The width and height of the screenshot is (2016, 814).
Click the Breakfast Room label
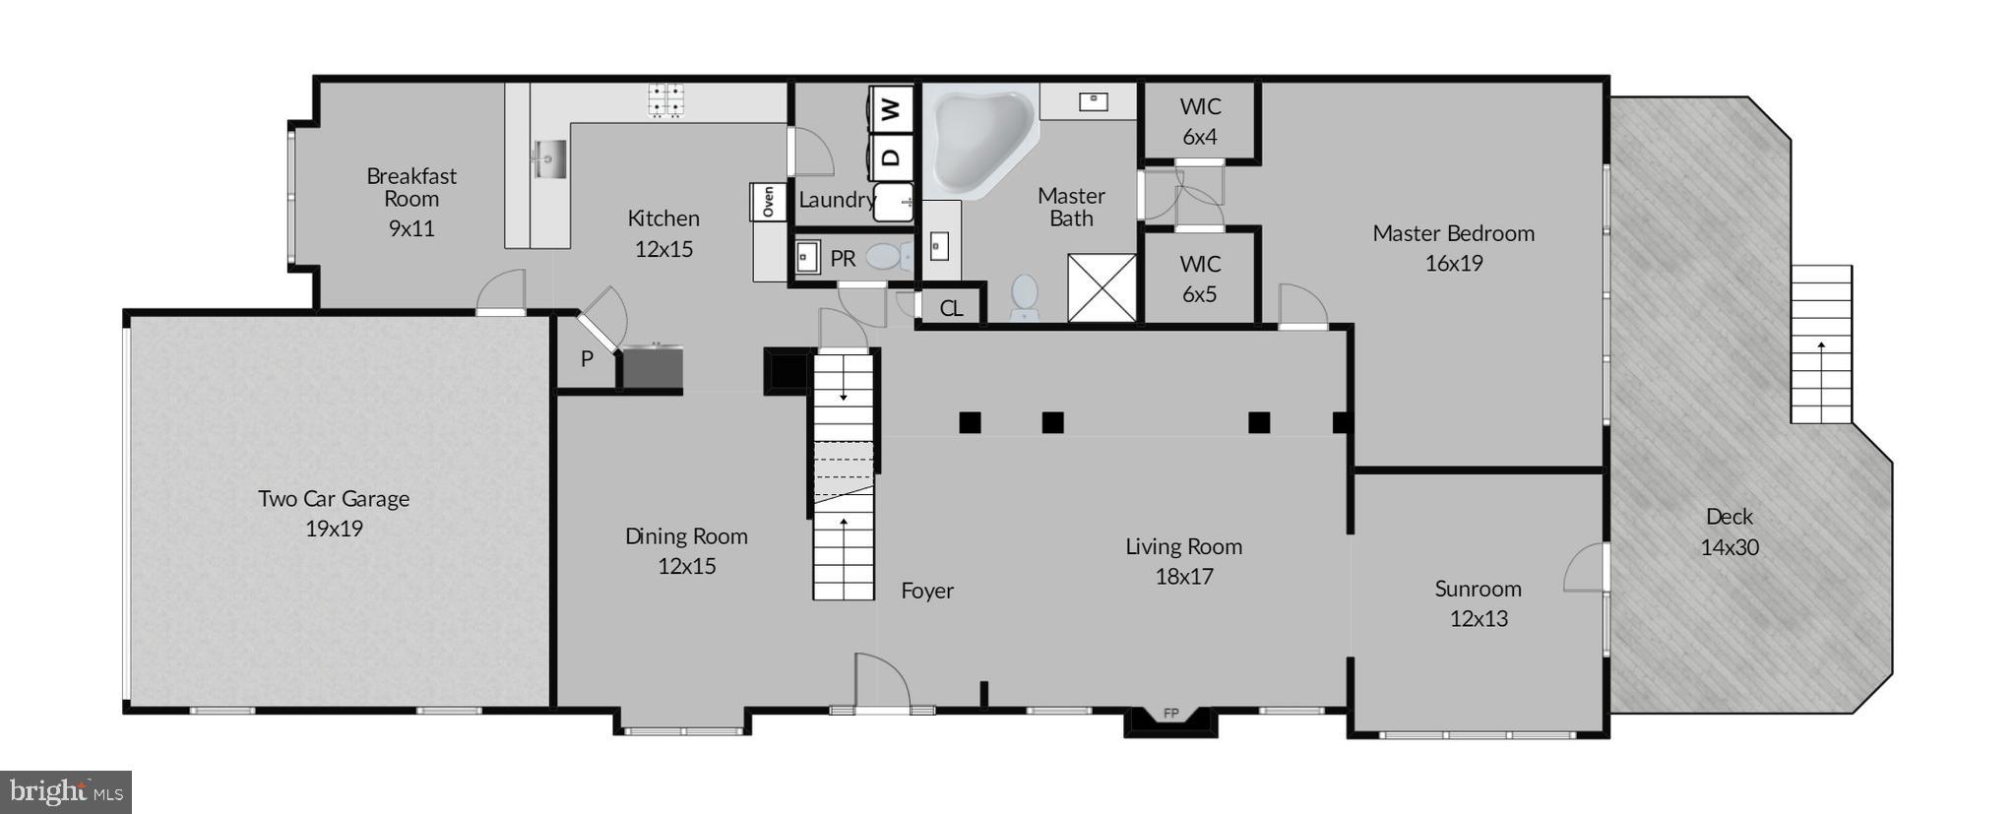[x=411, y=187]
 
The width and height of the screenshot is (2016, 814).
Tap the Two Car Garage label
[x=334, y=499]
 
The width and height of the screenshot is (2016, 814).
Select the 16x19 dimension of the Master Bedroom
[x=1454, y=264]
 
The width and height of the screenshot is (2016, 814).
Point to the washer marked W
[x=891, y=108]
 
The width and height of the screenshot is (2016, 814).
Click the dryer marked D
[x=891, y=157]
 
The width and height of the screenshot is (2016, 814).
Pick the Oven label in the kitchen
[x=768, y=202]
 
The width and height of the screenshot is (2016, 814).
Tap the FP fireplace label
[x=1171, y=714]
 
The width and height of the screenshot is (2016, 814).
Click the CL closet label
[x=951, y=308]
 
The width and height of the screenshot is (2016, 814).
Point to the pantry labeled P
[x=587, y=359]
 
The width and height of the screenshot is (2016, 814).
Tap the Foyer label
[x=927, y=591]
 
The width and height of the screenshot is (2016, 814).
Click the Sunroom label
[x=1478, y=589]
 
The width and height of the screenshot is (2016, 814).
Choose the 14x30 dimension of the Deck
[x=1730, y=547]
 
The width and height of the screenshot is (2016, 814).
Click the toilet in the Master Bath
[x=1025, y=295]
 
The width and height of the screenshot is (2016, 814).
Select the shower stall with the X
[x=1102, y=287]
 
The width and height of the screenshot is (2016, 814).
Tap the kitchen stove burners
[x=666, y=100]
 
